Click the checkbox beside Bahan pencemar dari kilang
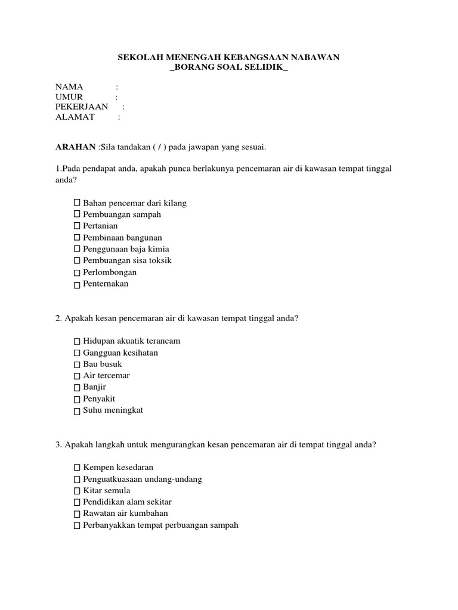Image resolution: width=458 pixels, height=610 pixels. pyautogui.click(x=77, y=203)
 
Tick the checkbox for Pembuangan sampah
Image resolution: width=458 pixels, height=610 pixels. pyautogui.click(x=77, y=214)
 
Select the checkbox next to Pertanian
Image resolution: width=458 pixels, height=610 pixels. pyautogui.click(x=77, y=226)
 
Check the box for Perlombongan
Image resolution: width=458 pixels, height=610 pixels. pyautogui.click(x=77, y=273)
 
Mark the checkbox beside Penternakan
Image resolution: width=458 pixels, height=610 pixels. pyautogui.click(x=77, y=285)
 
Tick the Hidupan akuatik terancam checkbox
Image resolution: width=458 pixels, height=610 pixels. pyautogui.click(x=77, y=341)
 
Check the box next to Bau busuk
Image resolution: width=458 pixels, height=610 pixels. pyautogui.click(x=77, y=365)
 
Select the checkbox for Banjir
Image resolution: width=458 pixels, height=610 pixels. pyautogui.click(x=77, y=388)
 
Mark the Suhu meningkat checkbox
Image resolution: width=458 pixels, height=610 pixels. pyautogui.click(x=77, y=411)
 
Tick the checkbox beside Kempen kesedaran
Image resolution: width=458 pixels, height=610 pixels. pyautogui.click(x=77, y=468)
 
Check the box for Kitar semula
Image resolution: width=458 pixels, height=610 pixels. pyautogui.click(x=77, y=491)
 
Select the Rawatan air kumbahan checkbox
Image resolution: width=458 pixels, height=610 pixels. pyautogui.click(x=77, y=514)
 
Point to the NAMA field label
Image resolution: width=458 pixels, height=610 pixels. pyautogui.click(x=69, y=87)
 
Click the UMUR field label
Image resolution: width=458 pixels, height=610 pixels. pyautogui.click(x=69, y=97)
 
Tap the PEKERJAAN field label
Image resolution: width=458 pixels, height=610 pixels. pyautogui.click(x=82, y=107)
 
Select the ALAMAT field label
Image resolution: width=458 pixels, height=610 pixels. pyautogui.click(x=75, y=117)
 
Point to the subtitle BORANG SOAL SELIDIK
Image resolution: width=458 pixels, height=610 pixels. pyautogui.click(x=229, y=67)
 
